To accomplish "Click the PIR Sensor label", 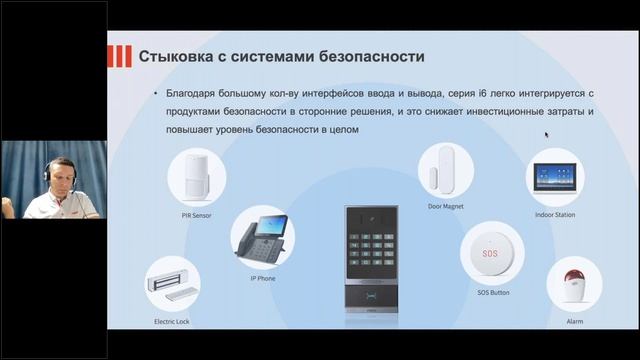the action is pyautogui.click(x=196, y=216).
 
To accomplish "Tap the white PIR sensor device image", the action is pyautogui.click(x=196, y=176).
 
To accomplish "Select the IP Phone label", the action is pyautogui.click(x=263, y=278).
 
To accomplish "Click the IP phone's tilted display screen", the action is pyautogui.click(x=271, y=225).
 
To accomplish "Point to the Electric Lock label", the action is pyautogui.click(x=172, y=322).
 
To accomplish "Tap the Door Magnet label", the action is pyautogui.click(x=446, y=207).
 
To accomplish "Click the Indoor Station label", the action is pyautogui.click(x=555, y=215).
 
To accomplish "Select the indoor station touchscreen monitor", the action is pyautogui.click(x=555, y=177).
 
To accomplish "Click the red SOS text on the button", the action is pyautogui.click(x=490, y=253).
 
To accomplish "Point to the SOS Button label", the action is pyautogui.click(x=493, y=293).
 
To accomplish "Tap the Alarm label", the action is pyautogui.click(x=575, y=322).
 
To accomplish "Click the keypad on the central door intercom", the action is pyautogui.click(x=372, y=249).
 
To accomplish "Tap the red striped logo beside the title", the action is pyautogui.click(x=120, y=56).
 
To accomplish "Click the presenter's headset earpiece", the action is pyautogui.click(x=47, y=172).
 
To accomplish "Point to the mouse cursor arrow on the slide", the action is pyautogui.click(x=547, y=135).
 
